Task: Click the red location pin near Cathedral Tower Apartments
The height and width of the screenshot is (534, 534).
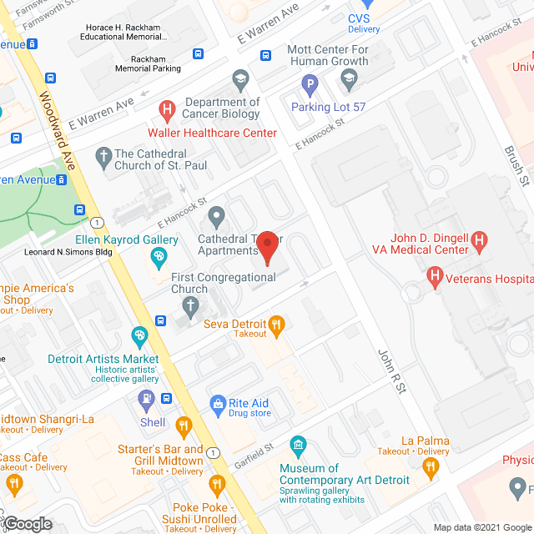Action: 267,244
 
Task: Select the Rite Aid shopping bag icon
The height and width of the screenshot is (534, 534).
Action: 218,402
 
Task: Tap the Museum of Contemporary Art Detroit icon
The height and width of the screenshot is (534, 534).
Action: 297,443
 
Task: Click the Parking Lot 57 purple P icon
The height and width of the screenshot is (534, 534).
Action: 310,83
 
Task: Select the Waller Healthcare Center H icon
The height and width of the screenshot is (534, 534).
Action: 167,108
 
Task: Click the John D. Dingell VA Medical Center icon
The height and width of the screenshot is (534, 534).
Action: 479,242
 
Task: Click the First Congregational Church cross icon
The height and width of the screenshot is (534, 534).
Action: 189,310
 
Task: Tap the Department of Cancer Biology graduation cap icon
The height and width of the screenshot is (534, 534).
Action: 241,79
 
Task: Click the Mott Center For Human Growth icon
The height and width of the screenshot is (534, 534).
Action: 349,78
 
